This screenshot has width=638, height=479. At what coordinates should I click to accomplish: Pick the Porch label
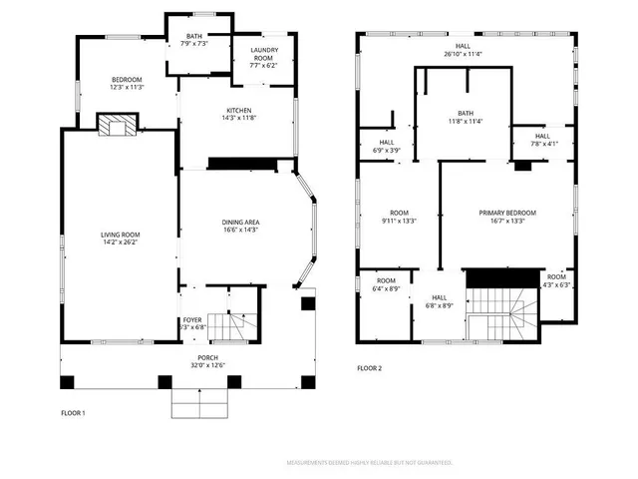tap(207, 361)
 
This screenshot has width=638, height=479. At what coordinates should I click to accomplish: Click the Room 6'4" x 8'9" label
tap(386, 284)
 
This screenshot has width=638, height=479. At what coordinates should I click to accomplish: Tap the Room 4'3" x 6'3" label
tap(556, 280)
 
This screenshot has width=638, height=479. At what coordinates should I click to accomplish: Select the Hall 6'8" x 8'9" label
tap(440, 301)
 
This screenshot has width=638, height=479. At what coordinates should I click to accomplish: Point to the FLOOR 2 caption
tap(370, 368)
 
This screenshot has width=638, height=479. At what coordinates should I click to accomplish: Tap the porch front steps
tap(200, 404)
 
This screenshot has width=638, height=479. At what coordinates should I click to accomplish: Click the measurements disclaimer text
tap(369, 463)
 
